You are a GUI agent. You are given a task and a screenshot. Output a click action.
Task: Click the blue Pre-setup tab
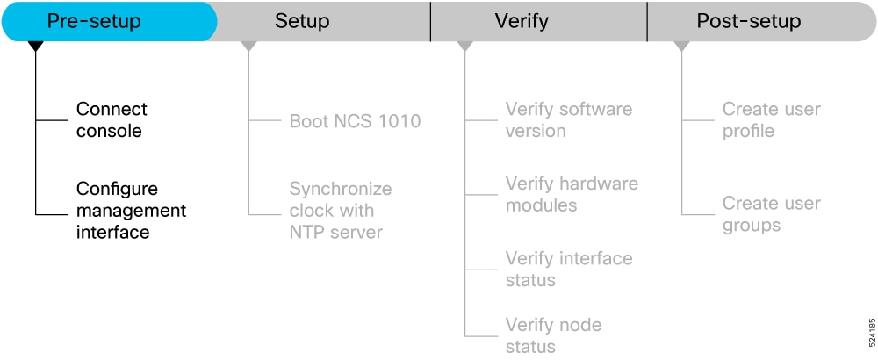click(109, 21)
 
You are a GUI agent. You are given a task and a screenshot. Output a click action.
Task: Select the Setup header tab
click(324, 21)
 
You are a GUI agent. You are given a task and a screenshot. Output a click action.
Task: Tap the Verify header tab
click(539, 21)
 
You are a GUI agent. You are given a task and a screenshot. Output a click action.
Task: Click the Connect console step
click(112, 119)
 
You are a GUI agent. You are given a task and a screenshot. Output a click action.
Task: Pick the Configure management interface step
click(131, 210)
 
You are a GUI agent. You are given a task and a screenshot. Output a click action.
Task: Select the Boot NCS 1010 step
click(355, 121)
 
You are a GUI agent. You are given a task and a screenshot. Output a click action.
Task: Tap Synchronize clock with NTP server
click(341, 210)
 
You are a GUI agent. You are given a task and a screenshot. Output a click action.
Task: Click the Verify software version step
click(568, 119)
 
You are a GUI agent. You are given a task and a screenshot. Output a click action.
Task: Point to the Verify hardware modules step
click(572, 194)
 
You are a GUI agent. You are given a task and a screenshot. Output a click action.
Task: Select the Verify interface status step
click(569, 269)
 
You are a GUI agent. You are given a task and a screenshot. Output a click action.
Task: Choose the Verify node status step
click(553, 335)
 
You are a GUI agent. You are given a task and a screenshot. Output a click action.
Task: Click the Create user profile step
click(771, 119)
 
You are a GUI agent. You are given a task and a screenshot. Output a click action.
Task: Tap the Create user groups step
click(771, 214)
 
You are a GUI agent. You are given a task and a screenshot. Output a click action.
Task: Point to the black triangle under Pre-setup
click(35, 47)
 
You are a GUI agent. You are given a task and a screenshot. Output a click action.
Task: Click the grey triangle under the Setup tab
click(248, 47)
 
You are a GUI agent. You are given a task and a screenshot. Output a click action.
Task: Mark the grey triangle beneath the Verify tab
click(464, 47)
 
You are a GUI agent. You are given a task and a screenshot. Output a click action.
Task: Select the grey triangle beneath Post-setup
click(681, 47)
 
